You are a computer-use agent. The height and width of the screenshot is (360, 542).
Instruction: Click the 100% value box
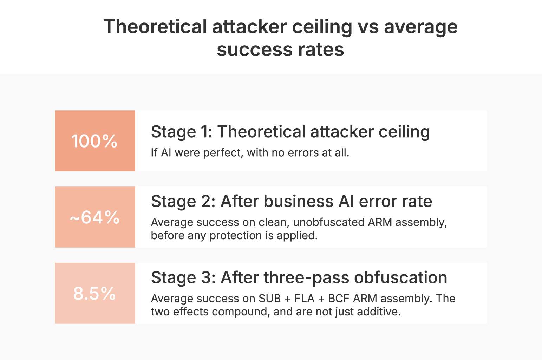point(95,141)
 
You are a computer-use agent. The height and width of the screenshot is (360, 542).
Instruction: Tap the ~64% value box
point(95,217)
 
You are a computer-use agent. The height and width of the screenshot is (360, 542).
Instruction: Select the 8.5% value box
point(95,293)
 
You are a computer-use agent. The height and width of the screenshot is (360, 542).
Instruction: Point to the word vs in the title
point(368,27)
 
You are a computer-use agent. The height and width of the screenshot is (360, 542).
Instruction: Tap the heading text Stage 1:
point(181,132)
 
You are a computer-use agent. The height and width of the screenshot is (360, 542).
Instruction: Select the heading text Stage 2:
point(183,202)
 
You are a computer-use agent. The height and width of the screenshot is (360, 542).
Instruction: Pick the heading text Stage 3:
point(183,278)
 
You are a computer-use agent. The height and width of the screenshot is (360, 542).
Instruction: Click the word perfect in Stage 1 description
point(223,153)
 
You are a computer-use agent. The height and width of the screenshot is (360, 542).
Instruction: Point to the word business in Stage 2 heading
point(299,202)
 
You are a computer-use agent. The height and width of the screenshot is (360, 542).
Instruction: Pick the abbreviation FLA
point(304,299)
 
